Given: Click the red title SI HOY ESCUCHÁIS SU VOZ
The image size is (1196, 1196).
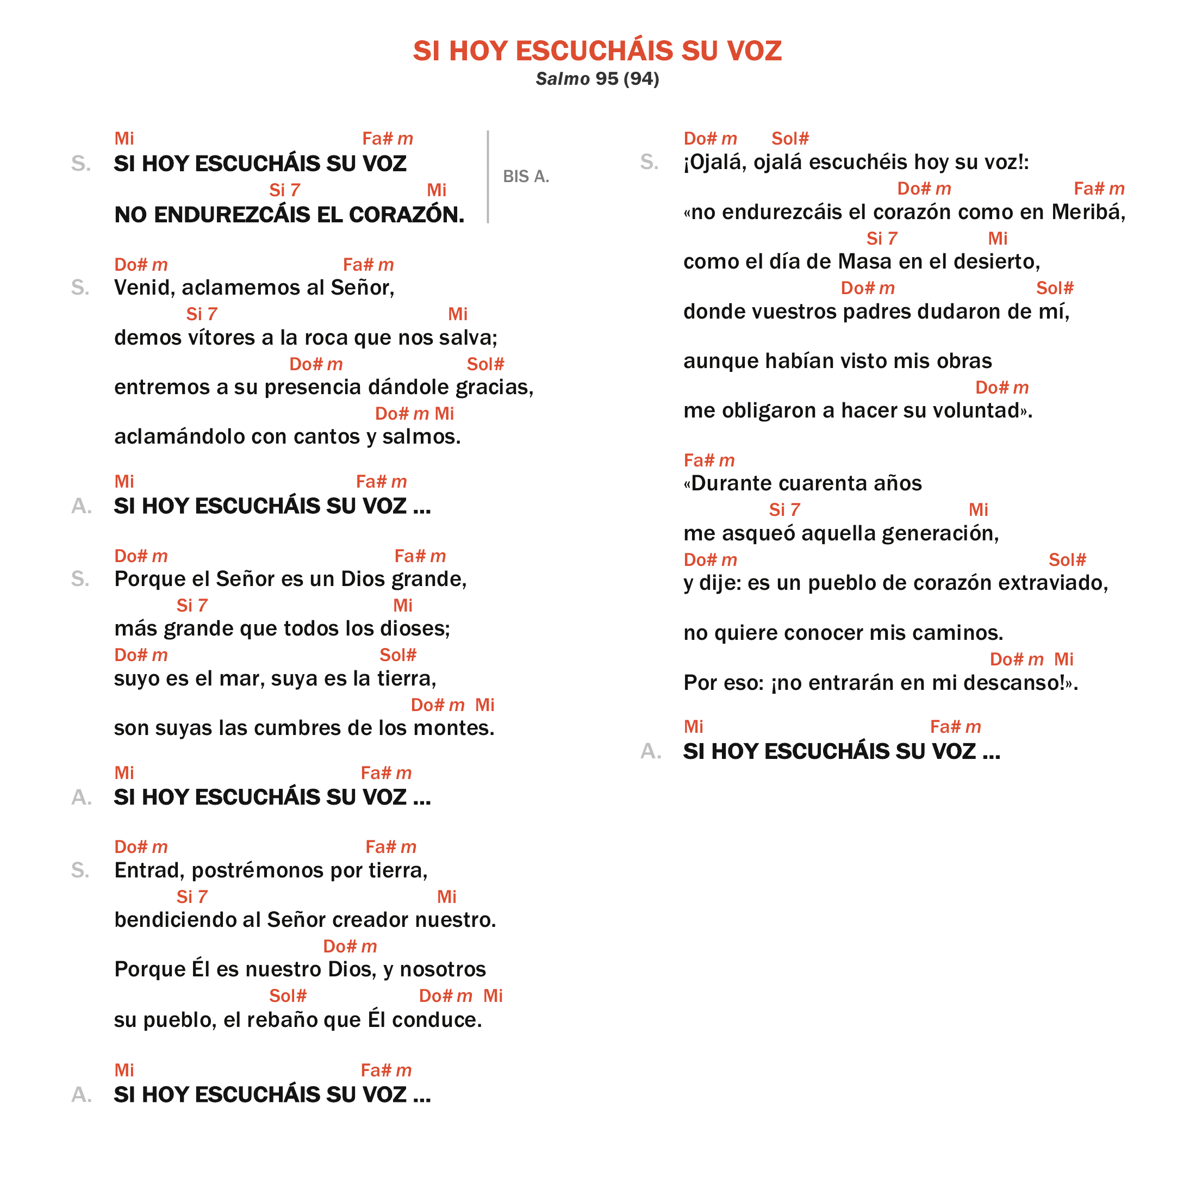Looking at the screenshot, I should [597, 51].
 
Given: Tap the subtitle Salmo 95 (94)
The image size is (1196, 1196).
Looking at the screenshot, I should [597, 79].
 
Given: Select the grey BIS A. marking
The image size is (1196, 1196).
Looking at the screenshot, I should [526, 177].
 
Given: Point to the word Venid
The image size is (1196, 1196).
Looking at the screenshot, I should [144, 288].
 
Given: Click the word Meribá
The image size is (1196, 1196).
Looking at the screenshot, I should [1088, 213].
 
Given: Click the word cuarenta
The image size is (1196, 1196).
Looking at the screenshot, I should [820, 483].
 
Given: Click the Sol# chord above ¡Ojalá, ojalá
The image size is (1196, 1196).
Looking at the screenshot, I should [790, 139].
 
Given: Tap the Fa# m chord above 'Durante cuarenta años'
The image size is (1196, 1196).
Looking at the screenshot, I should [709, 460].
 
